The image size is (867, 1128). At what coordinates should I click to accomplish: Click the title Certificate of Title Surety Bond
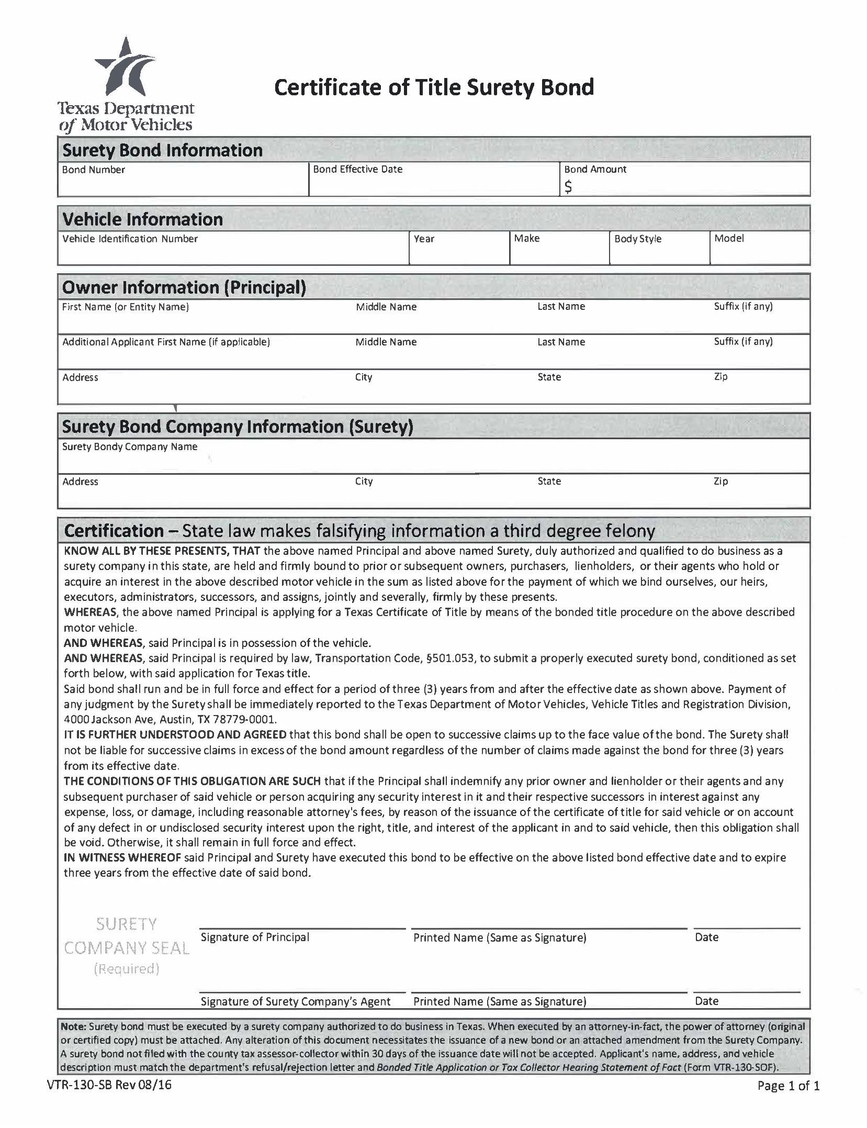click(434, 87)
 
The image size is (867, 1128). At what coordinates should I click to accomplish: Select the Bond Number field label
click(93, 170)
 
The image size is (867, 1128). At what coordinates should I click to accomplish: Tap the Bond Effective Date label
click(358, 169)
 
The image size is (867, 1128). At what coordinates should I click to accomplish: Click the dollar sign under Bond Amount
click(568, 186)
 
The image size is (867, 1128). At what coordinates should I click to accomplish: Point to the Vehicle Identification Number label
click(130, 239)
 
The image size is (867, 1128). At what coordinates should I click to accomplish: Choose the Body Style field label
click(637, 239)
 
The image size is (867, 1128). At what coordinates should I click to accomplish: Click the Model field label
click(729, 238)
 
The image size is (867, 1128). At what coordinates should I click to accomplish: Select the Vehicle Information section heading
click(142, 219)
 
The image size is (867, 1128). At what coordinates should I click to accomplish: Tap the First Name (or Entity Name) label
click(125, 307)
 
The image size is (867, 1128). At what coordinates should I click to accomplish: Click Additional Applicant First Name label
click(166, 342)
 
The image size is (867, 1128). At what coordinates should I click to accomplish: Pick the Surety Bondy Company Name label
click(129, 446)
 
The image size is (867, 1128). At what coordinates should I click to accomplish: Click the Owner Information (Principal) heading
click(184, 287)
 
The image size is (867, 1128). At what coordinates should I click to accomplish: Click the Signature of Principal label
click(255, 937)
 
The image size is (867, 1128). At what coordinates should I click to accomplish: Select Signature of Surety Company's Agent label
click(295, 1001)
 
